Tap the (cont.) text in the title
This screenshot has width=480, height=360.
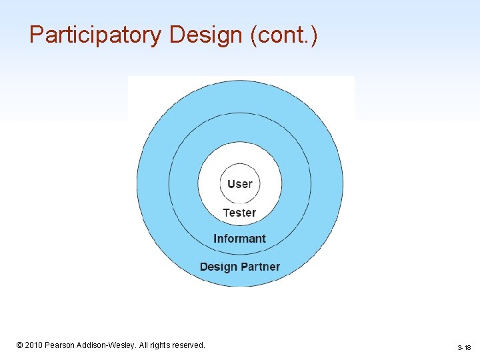285,35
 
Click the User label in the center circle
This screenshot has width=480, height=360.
240,183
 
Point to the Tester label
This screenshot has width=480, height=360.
239,213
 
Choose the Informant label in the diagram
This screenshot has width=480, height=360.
239,239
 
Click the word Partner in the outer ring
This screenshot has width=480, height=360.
259,267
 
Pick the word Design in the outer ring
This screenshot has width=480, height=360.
218,267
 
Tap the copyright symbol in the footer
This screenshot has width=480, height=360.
20,345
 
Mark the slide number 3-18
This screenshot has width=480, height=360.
464,348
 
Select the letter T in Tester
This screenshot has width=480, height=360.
226,213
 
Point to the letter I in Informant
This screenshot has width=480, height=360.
215,239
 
